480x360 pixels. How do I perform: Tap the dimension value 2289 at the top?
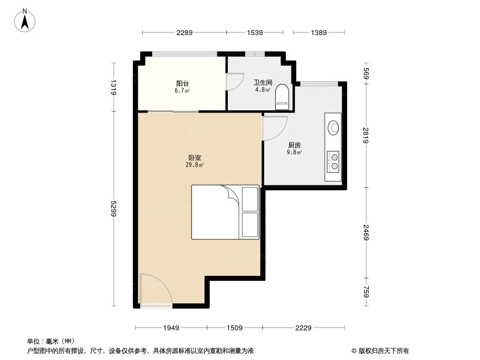185,32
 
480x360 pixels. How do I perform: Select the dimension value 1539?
255,32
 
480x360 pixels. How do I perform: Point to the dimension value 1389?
319,32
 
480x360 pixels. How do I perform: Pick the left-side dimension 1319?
113,87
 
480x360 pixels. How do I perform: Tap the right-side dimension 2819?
367,135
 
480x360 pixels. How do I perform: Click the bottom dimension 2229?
303,328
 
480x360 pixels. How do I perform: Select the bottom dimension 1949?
171,328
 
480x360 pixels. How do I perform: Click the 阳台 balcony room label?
182,83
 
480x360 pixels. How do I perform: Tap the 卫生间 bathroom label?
263,82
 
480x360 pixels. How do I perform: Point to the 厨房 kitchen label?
294,145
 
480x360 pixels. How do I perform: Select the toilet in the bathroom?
282,96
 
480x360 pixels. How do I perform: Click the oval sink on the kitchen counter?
334,127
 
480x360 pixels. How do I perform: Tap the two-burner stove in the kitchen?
334,162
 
